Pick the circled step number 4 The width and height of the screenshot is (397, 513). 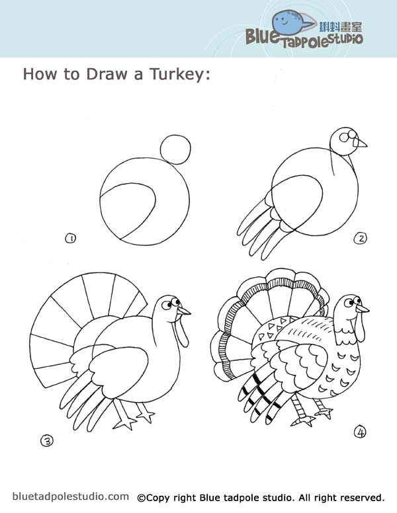pos(360,432)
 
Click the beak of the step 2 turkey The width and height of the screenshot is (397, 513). pos(361,142)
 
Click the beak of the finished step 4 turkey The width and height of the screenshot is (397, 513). pos(362,307)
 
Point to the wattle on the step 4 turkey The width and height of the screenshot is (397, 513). pos(360,328)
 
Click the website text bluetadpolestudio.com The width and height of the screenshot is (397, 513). pos(70,496)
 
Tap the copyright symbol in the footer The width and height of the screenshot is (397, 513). pos(142,497)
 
